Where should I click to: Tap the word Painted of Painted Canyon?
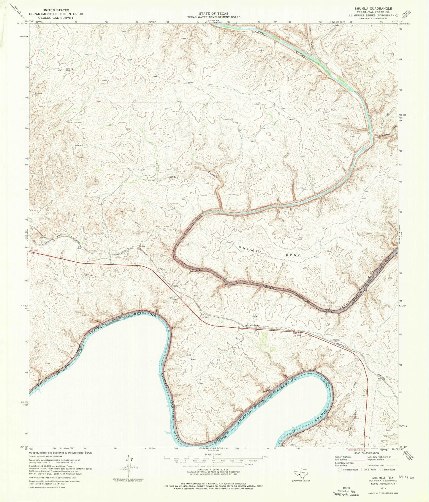pos(172,177)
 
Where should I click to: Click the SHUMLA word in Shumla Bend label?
pos(251,249)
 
